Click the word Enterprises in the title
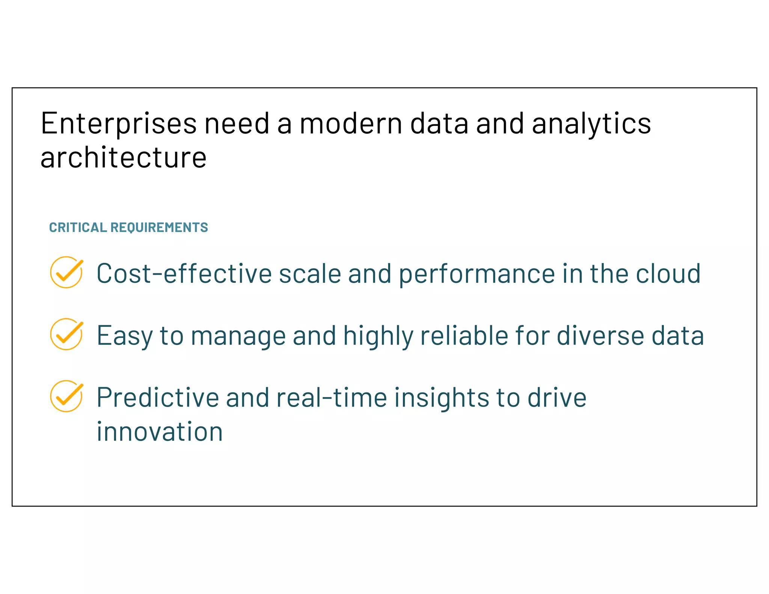click(118, 124)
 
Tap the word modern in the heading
click(351, 124)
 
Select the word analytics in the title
click(591, 124)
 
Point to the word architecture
click(123, 158)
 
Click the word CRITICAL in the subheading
click(78, 228)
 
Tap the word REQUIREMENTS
click(159, 228)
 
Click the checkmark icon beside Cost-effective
click(66, 273)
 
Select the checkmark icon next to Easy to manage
click(66, 334)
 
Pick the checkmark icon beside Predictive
click(66, 396)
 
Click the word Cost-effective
click(184, 274)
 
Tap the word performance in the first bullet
click(476, 274)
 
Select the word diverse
click(600, 336)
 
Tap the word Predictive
click(158, 398)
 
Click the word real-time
click(332, 398)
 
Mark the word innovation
click(160, 432)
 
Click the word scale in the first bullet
click(310, 274)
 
